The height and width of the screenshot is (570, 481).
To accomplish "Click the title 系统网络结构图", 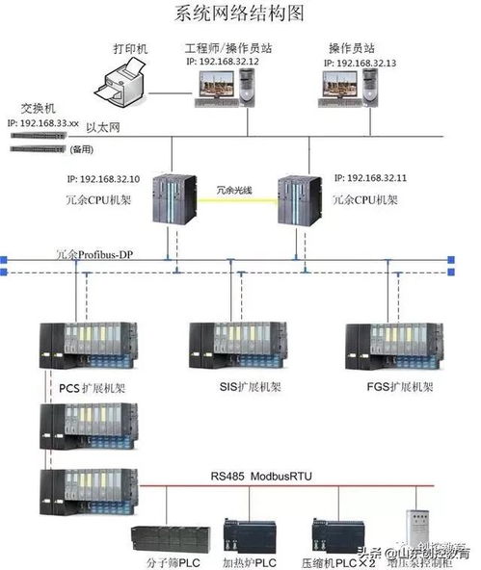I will (240, 13).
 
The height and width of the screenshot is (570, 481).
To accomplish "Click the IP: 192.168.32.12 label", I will (224, 61).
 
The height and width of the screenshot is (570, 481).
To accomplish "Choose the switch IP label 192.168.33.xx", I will (40, 123).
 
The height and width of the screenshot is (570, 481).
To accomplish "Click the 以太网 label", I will (101, 125).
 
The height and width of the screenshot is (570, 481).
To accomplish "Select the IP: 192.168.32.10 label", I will (103, 179).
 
